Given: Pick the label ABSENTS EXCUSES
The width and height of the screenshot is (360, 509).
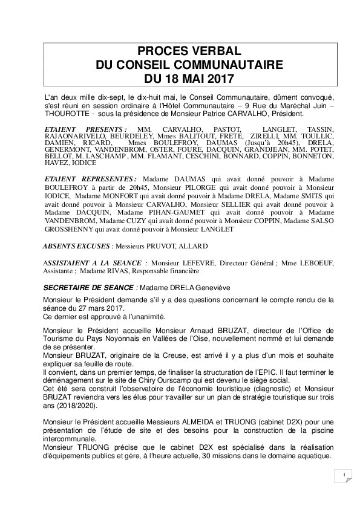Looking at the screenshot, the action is point(76,246).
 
